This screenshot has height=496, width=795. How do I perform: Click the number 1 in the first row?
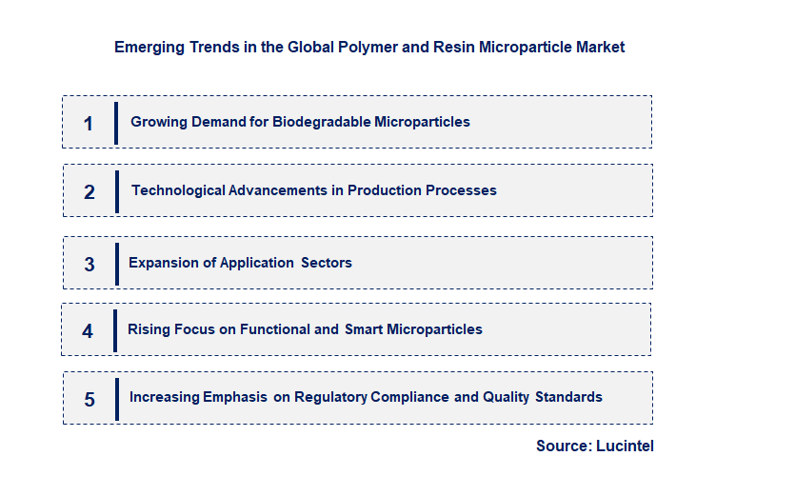[89, 123]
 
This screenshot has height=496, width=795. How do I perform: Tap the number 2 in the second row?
[89, 191]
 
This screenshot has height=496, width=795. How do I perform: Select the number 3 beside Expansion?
[89, 264]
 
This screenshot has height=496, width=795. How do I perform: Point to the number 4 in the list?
[88, 330]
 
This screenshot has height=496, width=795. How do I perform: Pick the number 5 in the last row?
[89, 399]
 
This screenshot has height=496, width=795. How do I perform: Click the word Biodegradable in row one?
[322, 122]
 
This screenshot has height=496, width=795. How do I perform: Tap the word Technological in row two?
[178, 190]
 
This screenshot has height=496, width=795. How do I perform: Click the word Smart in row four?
[363, 329]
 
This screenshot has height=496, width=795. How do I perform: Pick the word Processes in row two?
[461, 190]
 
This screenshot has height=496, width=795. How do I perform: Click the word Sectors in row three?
[327, 263]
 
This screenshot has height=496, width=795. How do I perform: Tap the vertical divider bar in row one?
[116, 123]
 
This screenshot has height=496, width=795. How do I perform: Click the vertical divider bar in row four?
[115, 330]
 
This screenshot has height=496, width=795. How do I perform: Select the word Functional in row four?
[276, 329]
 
